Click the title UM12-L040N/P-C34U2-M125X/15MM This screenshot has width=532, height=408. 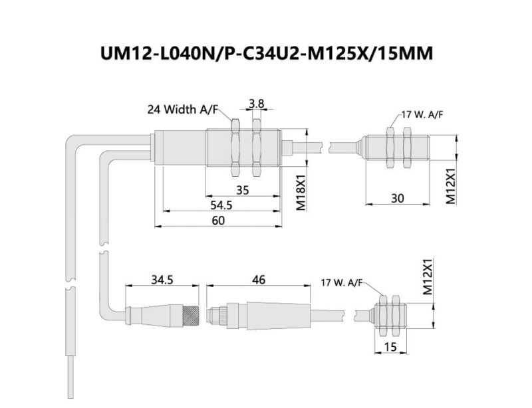coord(265,52)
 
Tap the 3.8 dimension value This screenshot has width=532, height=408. coord(257,103)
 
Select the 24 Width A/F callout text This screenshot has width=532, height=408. coord(183,109)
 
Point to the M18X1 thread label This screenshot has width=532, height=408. coord(301,193)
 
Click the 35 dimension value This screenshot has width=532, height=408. coord(242,189)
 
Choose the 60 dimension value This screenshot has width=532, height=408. coord(217,221)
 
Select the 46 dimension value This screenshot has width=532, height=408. coord(259,280)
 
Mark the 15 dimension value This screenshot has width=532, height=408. coord(390,347)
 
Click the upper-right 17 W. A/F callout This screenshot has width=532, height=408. coord(422,114)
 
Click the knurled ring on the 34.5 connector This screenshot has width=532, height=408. coord(189,312)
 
